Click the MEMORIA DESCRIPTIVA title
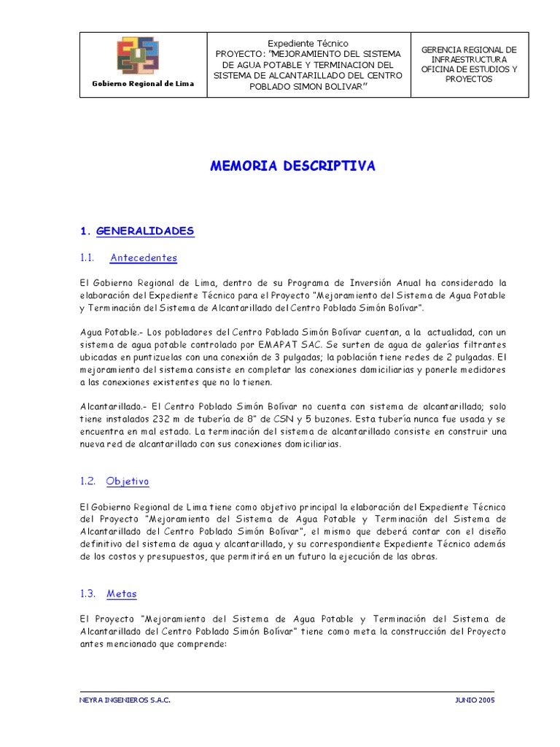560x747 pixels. (292, 166)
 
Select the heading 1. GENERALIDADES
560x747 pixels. (138, 231)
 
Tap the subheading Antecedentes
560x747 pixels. (144, 258)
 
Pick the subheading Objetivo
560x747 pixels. (127, 481)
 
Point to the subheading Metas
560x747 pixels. (121, 593)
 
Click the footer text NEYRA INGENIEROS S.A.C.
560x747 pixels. (124, 700)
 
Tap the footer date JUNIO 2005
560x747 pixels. (474, 700)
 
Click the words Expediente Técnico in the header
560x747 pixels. (308, 44)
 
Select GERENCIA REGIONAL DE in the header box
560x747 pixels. (469, 49)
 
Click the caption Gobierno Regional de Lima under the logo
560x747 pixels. (143, 84)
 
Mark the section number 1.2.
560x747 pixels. (88, 481)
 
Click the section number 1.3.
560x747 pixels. (88, 593)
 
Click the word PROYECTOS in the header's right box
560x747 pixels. (469, 80)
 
